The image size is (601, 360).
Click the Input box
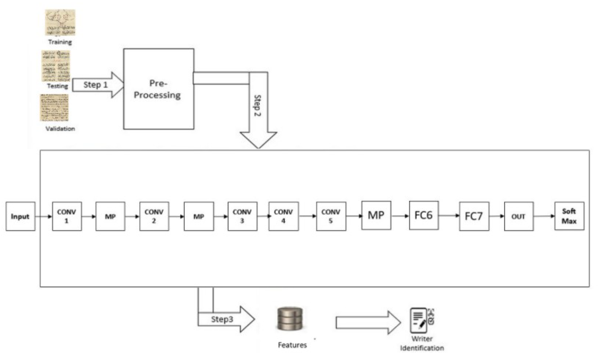20,216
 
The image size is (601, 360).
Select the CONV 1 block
67,216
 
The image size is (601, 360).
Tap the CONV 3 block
242,216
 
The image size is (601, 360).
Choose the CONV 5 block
331,216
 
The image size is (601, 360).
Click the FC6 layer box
423,215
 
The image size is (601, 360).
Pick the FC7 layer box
474,216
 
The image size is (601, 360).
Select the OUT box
519,216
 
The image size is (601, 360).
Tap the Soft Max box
569,216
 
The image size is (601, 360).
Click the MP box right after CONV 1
110,216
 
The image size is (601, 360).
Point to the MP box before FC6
376,215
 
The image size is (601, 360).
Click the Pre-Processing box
159,89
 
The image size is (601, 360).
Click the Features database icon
290,319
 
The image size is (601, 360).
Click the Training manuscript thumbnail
60,22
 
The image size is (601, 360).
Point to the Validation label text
60,129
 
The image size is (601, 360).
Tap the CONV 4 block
283,216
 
